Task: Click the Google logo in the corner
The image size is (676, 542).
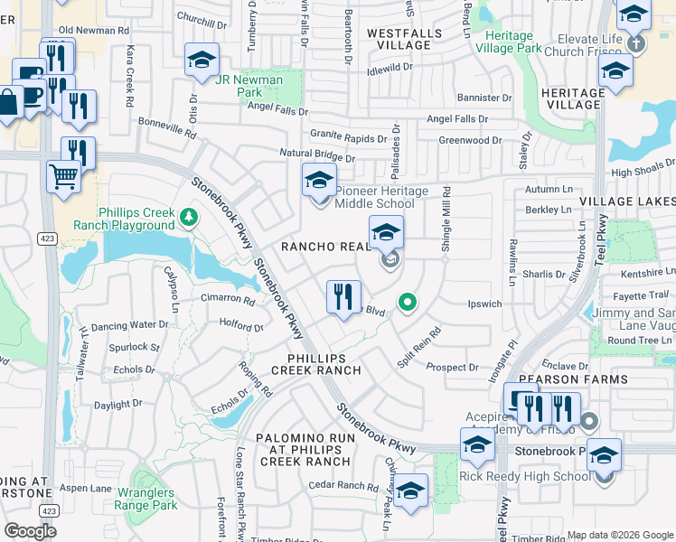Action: (x=30, y=531)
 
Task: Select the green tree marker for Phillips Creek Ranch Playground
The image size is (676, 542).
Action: (x=187, y=216)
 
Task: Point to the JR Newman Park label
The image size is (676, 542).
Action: (x=250, y=86)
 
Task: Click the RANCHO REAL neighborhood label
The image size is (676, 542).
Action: (x=325, y=246)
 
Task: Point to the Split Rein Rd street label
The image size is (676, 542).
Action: (x=419, y=346)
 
